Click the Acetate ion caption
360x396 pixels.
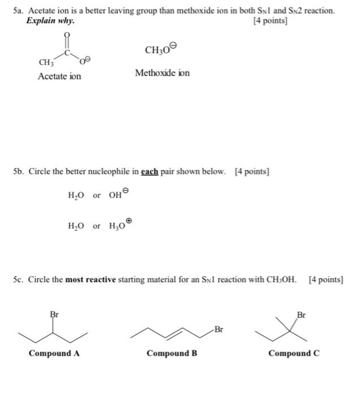coord(59,76)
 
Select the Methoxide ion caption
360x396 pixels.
coord(162,72)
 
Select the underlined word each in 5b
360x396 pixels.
coord(150,171)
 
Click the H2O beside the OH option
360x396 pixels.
coord(76,196)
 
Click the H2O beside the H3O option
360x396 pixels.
coord(76,226)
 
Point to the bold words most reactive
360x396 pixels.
coord(91,279)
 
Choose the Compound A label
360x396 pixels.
coord(54,354)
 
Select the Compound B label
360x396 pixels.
coord(172,354)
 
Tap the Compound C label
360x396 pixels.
coord(294,354)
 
